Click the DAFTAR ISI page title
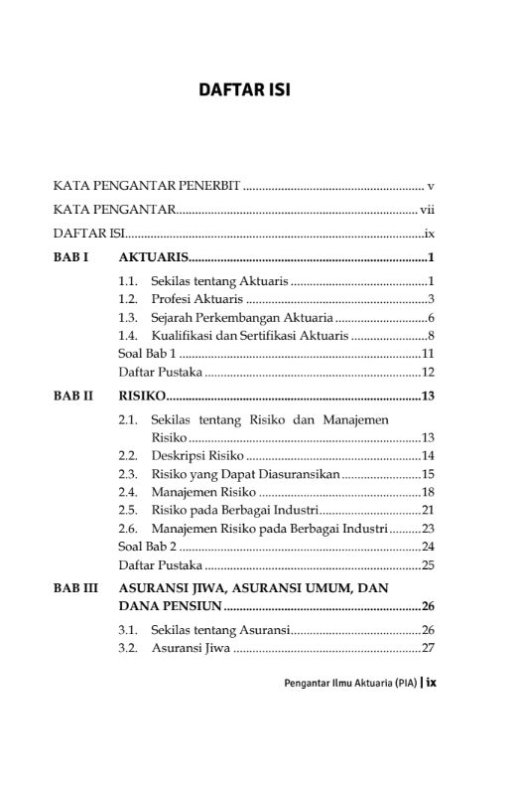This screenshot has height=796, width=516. pos(243,90)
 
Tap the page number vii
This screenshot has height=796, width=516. pos(428,210)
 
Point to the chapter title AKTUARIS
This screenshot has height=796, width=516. pos(154,258)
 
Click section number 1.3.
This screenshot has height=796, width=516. pos(128,318)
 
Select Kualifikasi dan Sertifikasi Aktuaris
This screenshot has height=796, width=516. pos(249,336)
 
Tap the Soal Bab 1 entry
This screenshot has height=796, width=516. pos(148,354)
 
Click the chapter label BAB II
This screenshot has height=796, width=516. pos(73,397)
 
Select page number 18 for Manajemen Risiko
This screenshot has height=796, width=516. pos(430,492)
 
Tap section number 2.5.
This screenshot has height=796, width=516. pos(128,510)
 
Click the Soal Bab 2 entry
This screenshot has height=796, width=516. pos(148,546)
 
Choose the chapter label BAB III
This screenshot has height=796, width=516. pos(75,588)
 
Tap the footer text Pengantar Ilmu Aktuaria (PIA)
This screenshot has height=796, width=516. pos(347,683)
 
